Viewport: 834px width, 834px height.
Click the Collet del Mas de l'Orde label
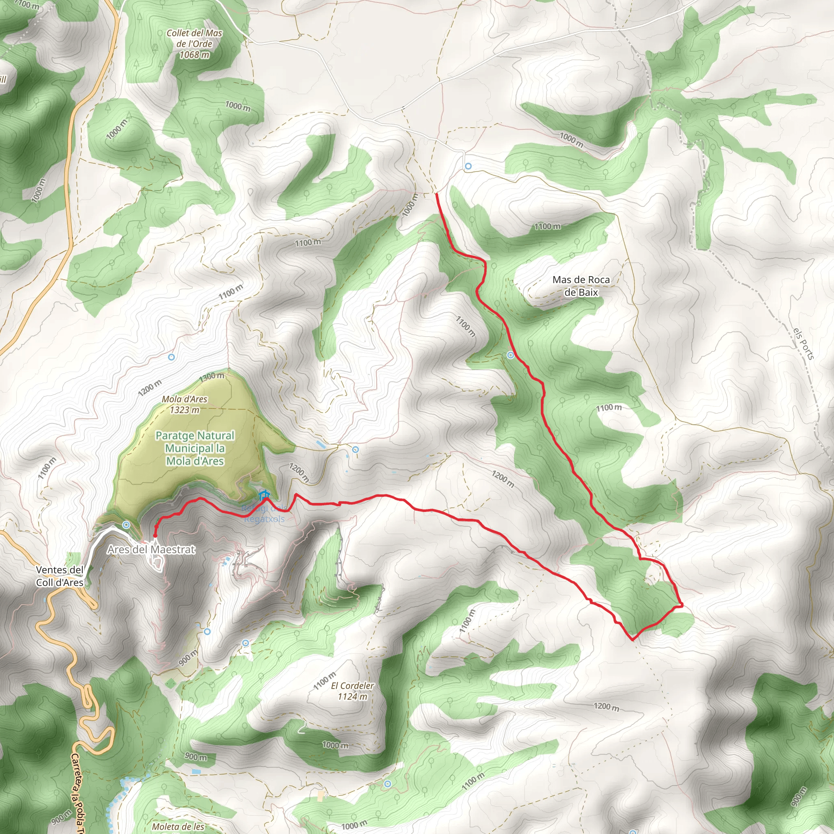[194, 38]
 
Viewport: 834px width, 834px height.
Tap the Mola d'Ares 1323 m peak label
[184, 404]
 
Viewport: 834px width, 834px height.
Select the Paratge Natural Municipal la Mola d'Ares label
[195, 448]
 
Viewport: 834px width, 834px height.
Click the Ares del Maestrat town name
[151, 549]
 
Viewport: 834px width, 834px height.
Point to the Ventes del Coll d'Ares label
[59, 576]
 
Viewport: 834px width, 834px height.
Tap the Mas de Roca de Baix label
[581, 286]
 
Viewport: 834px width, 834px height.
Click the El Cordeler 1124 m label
[352, 691]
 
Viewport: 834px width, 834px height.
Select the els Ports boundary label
[804, 343]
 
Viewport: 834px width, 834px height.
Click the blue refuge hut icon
[263, 494]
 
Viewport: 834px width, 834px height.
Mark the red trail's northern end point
[437, 194]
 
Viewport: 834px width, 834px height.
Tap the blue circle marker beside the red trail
[511, 355]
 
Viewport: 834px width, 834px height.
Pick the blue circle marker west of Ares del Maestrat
[126, 525]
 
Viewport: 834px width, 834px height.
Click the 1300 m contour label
[211, 376]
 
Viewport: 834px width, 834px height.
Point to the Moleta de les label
[178, 827]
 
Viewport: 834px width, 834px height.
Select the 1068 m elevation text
[194, 55]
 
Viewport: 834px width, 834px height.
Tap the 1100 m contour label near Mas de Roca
[547, 226]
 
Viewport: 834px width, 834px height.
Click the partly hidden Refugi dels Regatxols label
[264, 514]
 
